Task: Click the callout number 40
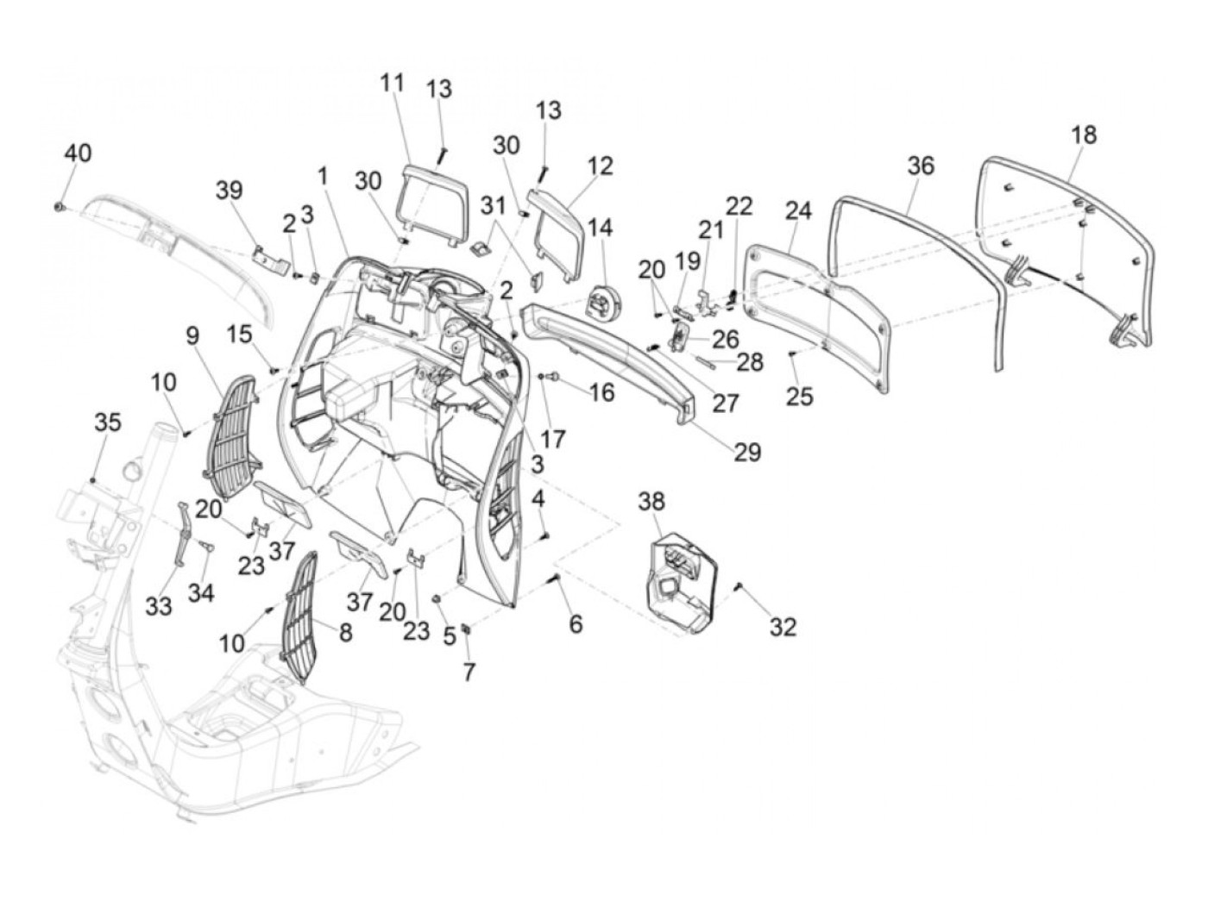(x=78, y=153)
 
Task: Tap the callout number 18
(x=1084, y=135)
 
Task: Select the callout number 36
(x=921, y=165)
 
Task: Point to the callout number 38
(x=652, y=500)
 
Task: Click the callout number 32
(x=783, y=627)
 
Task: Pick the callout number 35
(x=108, y=422)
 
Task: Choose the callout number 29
(x=747, y=452)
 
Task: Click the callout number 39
(x=230, y=191)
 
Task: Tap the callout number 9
(x=192, y=334)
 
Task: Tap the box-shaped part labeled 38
(x=680, y=577)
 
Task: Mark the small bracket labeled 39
(x=268, y=258)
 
